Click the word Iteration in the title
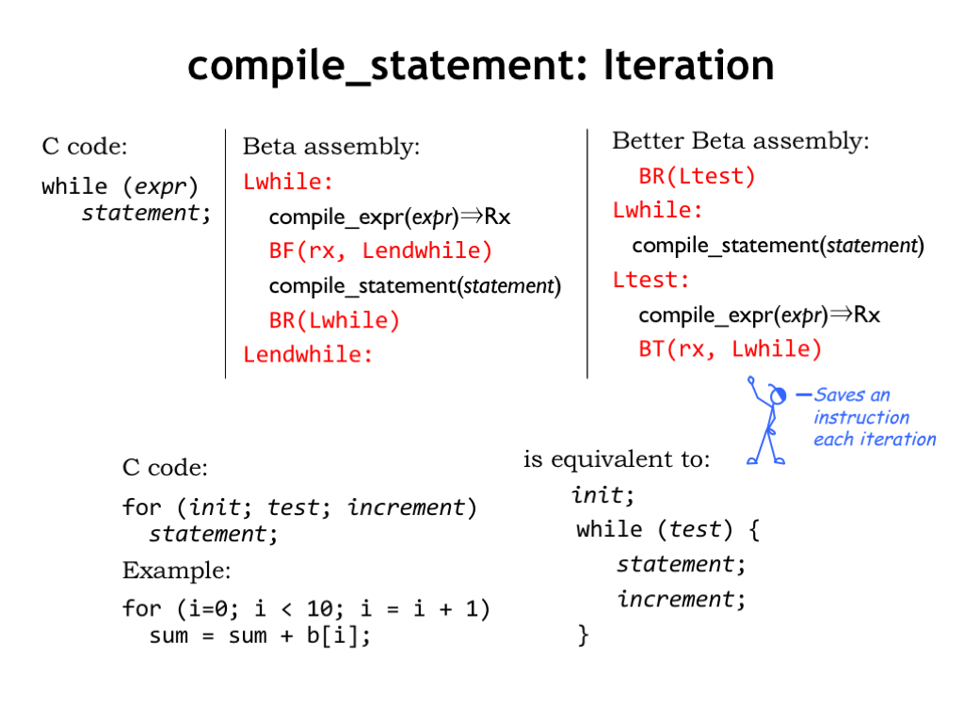coord(688,65)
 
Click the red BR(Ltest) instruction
coord(697,176)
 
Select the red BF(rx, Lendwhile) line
coord(380,250)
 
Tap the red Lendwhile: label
coord(308,355)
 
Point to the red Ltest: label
coord(651,280)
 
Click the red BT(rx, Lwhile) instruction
coord(730,349)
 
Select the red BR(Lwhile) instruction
coord(334,320)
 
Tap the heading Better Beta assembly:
coord(741,141)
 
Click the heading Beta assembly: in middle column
coord(331,146)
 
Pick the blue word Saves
coord(840,394)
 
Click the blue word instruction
coord(861,417)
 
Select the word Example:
coord(176,570)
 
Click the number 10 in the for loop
coord(320,609)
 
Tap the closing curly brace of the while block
coord(583,635)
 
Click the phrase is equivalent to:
coord(617,459)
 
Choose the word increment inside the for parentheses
coord(406,507)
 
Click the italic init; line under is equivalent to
coord(602,495)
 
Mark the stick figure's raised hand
coord(750,381)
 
